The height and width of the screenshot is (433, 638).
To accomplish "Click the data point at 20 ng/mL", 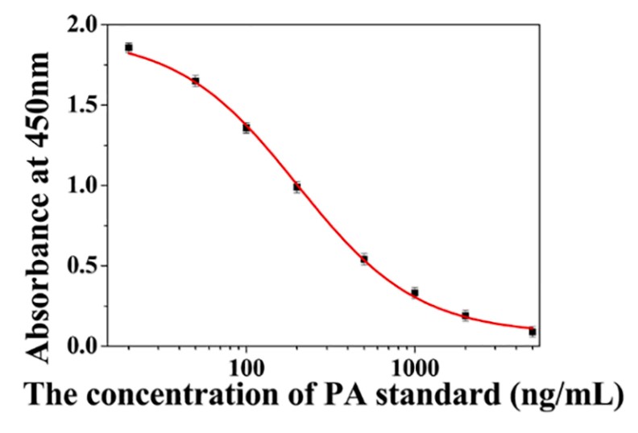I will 129,47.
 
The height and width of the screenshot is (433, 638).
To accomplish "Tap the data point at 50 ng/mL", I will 196,80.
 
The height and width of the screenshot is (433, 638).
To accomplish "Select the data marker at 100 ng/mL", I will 246,127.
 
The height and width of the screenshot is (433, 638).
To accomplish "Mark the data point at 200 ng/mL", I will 296,187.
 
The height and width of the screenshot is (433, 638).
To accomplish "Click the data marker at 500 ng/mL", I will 364,259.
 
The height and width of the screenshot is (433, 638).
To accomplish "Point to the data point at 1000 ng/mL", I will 415,293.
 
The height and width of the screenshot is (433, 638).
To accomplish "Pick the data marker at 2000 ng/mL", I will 465,315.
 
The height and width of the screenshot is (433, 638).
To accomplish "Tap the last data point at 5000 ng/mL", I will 532,331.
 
